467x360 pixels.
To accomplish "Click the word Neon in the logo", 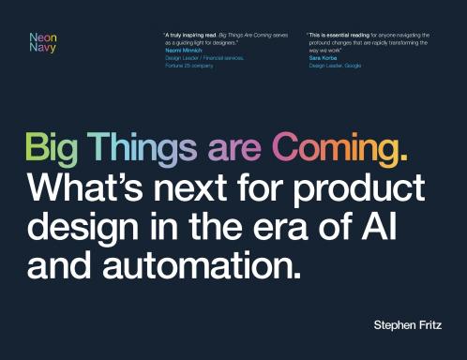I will click(42, 37).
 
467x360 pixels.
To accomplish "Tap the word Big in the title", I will click(51, 150).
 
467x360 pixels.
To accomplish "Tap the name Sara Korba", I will click(324, 58).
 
